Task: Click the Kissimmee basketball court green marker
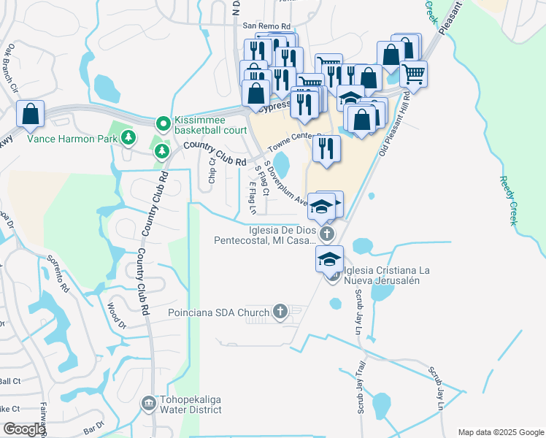point(162,123)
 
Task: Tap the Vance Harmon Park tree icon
point(128,137)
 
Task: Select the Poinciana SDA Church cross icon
point(279,312)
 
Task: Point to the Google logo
point(23,430)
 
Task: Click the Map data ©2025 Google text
point(500,432)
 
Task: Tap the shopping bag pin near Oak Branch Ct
point(31,114)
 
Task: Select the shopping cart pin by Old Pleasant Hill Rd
point(414,74)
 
